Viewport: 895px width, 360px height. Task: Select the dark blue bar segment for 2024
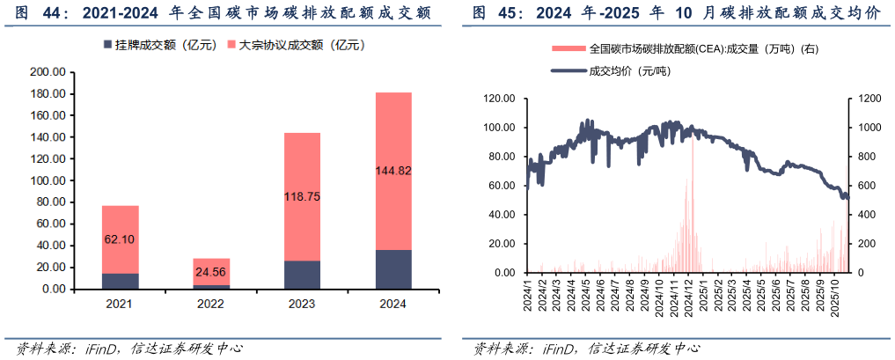[x=393, y=269]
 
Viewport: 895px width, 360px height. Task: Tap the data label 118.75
[x=302, y=197]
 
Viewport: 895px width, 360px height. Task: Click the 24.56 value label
[x=211, y=271]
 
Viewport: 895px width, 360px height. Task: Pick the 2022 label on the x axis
[x=210, y=305]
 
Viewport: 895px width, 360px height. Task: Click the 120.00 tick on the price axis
[x=499, y=99]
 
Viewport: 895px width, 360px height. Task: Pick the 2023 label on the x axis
[x=302, y=305]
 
